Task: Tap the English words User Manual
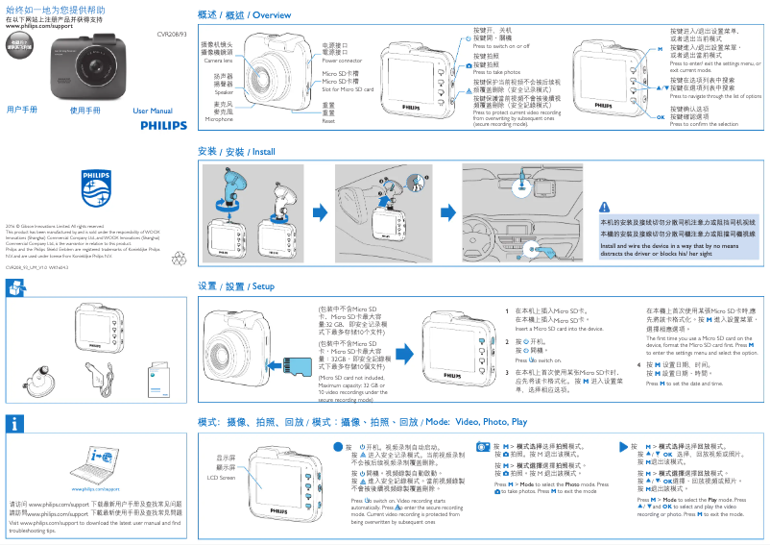pos(152,111)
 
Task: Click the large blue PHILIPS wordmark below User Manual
pos(165,126)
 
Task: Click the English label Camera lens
pos(218,61)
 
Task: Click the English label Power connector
pos(343,61)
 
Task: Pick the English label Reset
pos(328,121)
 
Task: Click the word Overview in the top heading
pos(272,16)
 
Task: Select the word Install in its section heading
pos(262,153)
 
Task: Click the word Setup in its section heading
pos(262,287)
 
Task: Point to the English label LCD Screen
pos(222,477)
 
